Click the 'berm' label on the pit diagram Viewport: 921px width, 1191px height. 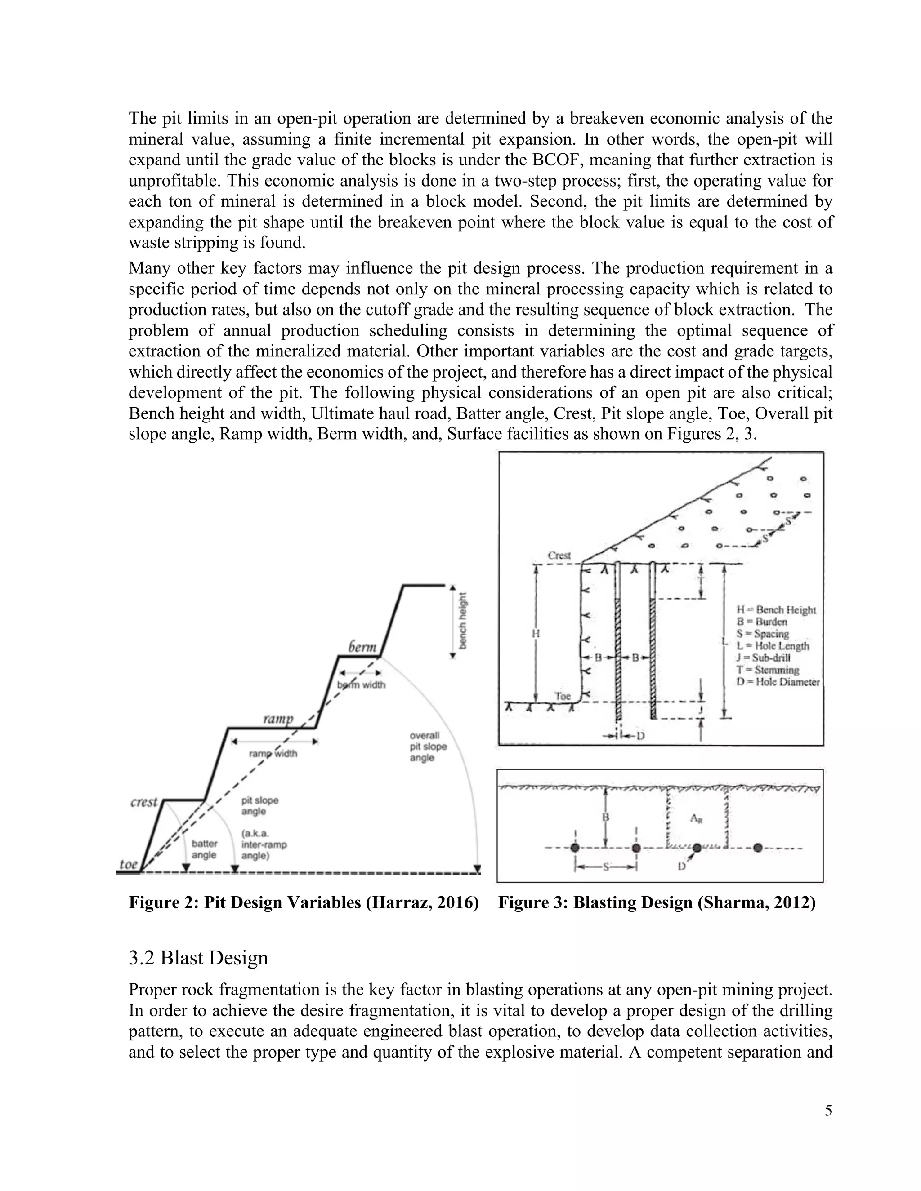[362, 647]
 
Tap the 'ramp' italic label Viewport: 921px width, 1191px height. [278, 719]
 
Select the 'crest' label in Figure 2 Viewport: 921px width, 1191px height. [144, 802]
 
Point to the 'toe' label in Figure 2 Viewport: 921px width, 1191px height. [128, 864]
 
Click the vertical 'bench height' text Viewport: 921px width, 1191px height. [463, 621]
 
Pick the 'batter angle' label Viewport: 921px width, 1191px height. [204, 849]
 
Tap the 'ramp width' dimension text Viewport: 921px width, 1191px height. [273, 754]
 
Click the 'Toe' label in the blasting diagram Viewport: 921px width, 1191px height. [562, 696]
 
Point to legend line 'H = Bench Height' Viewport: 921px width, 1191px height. [776, 610]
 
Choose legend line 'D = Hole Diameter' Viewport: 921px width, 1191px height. [778, 682]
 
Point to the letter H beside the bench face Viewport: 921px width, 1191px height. [536, 634]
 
